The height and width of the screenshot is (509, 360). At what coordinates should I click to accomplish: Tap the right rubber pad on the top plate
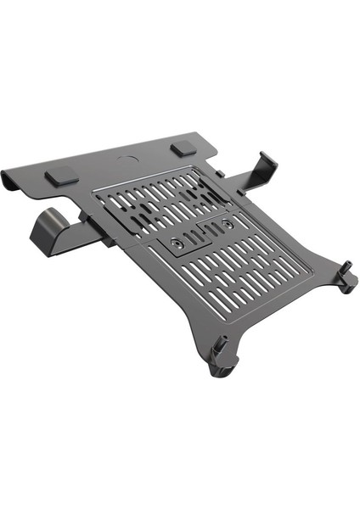pyautogui.click(x=182, y=148)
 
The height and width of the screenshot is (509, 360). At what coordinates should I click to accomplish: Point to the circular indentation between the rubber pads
pyautogui.click(x=119, y=159)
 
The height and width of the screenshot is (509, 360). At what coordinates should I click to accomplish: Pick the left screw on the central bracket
pyautogui.click(x=178, y=243)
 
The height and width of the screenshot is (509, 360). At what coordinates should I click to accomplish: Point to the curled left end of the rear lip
pyautogui.click(x=11, y=181)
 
